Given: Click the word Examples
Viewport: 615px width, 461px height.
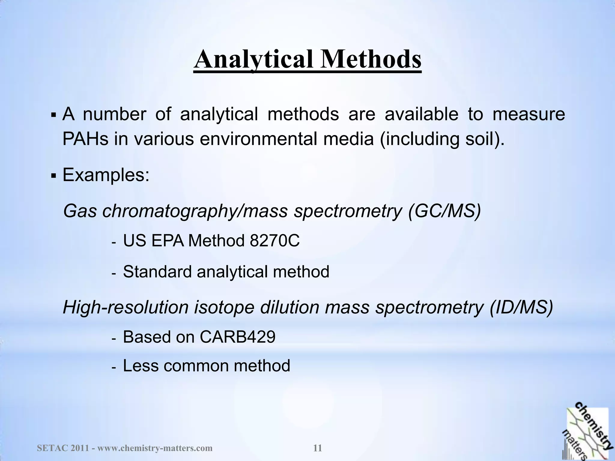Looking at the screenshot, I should tap(106, 175).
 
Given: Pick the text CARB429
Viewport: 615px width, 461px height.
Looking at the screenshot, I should tap(238, 337).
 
